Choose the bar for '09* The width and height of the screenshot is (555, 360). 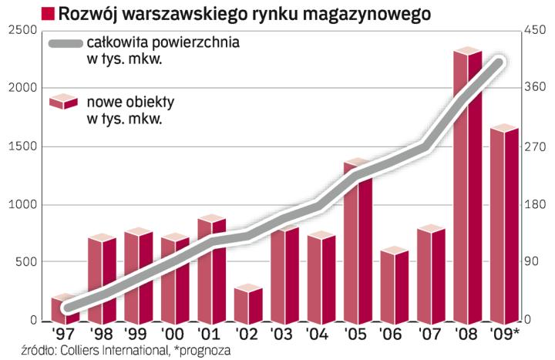pos(503,224)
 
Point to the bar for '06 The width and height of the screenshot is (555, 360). pos(394,285)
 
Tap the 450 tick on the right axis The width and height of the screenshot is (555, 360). pos(534,30)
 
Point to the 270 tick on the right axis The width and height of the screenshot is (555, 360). pos(534,146)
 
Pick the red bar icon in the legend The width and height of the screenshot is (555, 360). pos(62,103)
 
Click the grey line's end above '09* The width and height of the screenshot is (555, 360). pos(499,63)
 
